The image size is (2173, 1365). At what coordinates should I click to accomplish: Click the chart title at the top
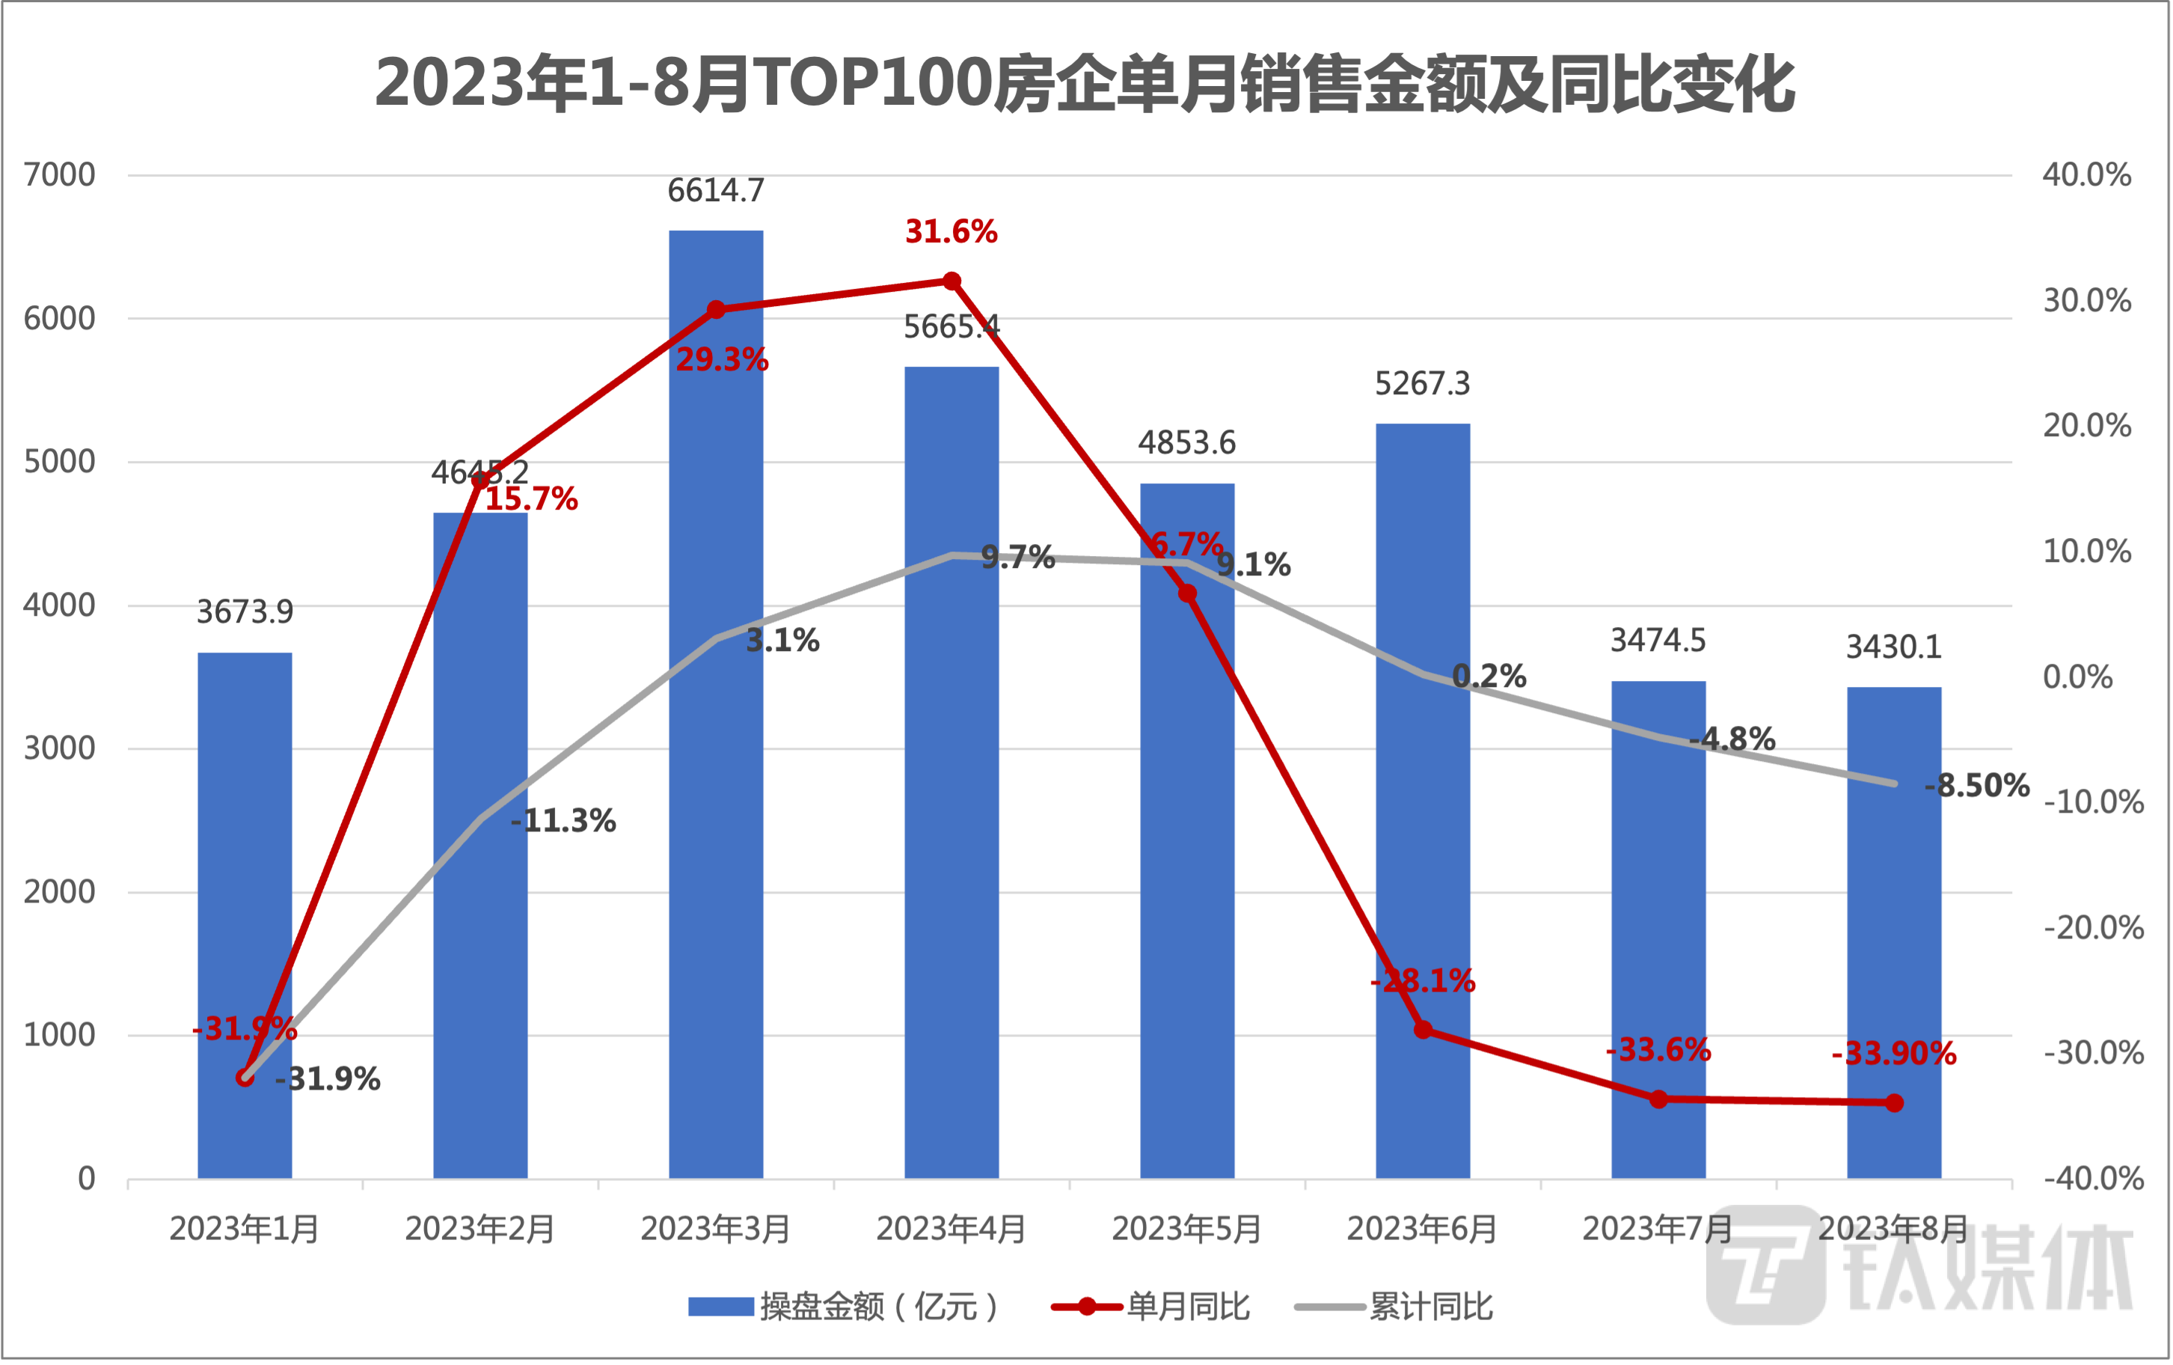pyautogui.click(x=1085, y=84)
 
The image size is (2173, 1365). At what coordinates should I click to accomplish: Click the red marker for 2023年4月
pyautogui.click(x=952, y=281)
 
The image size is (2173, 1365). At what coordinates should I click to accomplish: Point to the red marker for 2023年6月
pyautogui.click(x=1423, y=1029)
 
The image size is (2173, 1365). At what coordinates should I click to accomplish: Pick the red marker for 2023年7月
pyautogui.click(x=1658, y=1099)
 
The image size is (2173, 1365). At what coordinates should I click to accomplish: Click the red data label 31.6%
pyautogui.click(x=952, y=232)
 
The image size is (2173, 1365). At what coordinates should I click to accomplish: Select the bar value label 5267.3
pyautogui.click(x=1423, y=385)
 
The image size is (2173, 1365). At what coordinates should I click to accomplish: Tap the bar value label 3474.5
pyautogui.click(x=1658, y=641)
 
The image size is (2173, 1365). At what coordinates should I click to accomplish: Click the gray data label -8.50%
pyautogui.click(x=1976, y=786)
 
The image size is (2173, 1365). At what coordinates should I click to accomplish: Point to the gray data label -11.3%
pyautogui.click(x=564, y=821)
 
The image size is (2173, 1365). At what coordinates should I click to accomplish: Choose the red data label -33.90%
pyautogui.click(x=1893, y=1054)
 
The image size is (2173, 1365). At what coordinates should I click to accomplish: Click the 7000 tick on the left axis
pyautogui.click(x=60, y=175)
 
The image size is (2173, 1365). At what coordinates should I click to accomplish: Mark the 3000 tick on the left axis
pyautogui.click(x=60, y=748)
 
